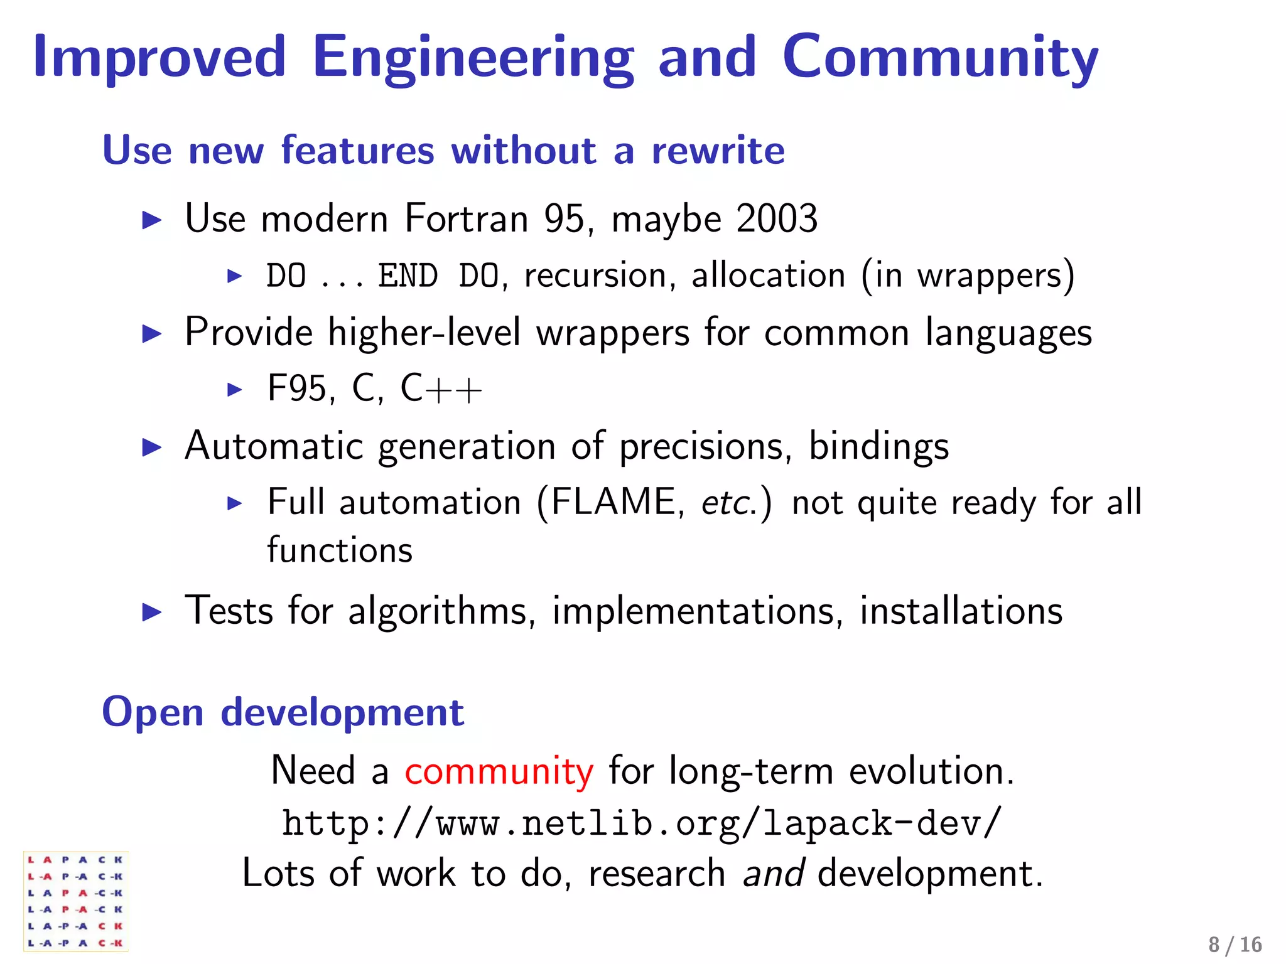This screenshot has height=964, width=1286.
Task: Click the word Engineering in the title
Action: point(472,58)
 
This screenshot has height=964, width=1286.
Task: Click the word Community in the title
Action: point(940,58)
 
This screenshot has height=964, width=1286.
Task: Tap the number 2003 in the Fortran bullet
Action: point(777,219)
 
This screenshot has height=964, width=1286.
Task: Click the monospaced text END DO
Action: point(438,276)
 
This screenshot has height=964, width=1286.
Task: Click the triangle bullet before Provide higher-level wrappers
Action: point(152,333)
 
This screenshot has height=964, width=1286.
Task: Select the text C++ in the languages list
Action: point(441,388)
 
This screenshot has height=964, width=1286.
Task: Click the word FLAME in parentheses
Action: point(613,502)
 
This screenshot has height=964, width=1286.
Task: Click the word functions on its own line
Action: point(340,550)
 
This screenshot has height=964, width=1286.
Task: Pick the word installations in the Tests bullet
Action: point(961,611)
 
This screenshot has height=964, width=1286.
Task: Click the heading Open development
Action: point(283,712)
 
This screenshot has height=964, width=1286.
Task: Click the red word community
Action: point(499,771)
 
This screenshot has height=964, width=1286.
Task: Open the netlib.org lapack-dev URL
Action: point(642,823)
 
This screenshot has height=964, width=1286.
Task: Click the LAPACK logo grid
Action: point(75,901)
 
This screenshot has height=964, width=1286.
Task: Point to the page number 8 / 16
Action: point(1235,945)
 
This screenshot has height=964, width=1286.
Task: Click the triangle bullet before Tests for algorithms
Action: point(152,612)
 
